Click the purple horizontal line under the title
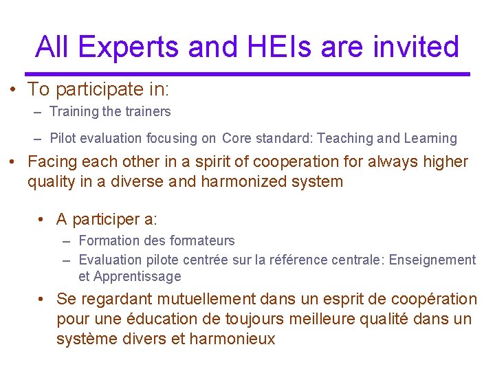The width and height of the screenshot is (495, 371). click(x=247, y=74)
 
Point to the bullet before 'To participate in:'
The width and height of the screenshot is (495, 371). click(x=14, y=90)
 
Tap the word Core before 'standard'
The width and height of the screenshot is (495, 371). click(x=237, y=139)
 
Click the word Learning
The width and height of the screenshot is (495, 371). click(x=431, y=139)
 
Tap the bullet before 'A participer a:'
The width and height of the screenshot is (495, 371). click(x=43, y=219)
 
